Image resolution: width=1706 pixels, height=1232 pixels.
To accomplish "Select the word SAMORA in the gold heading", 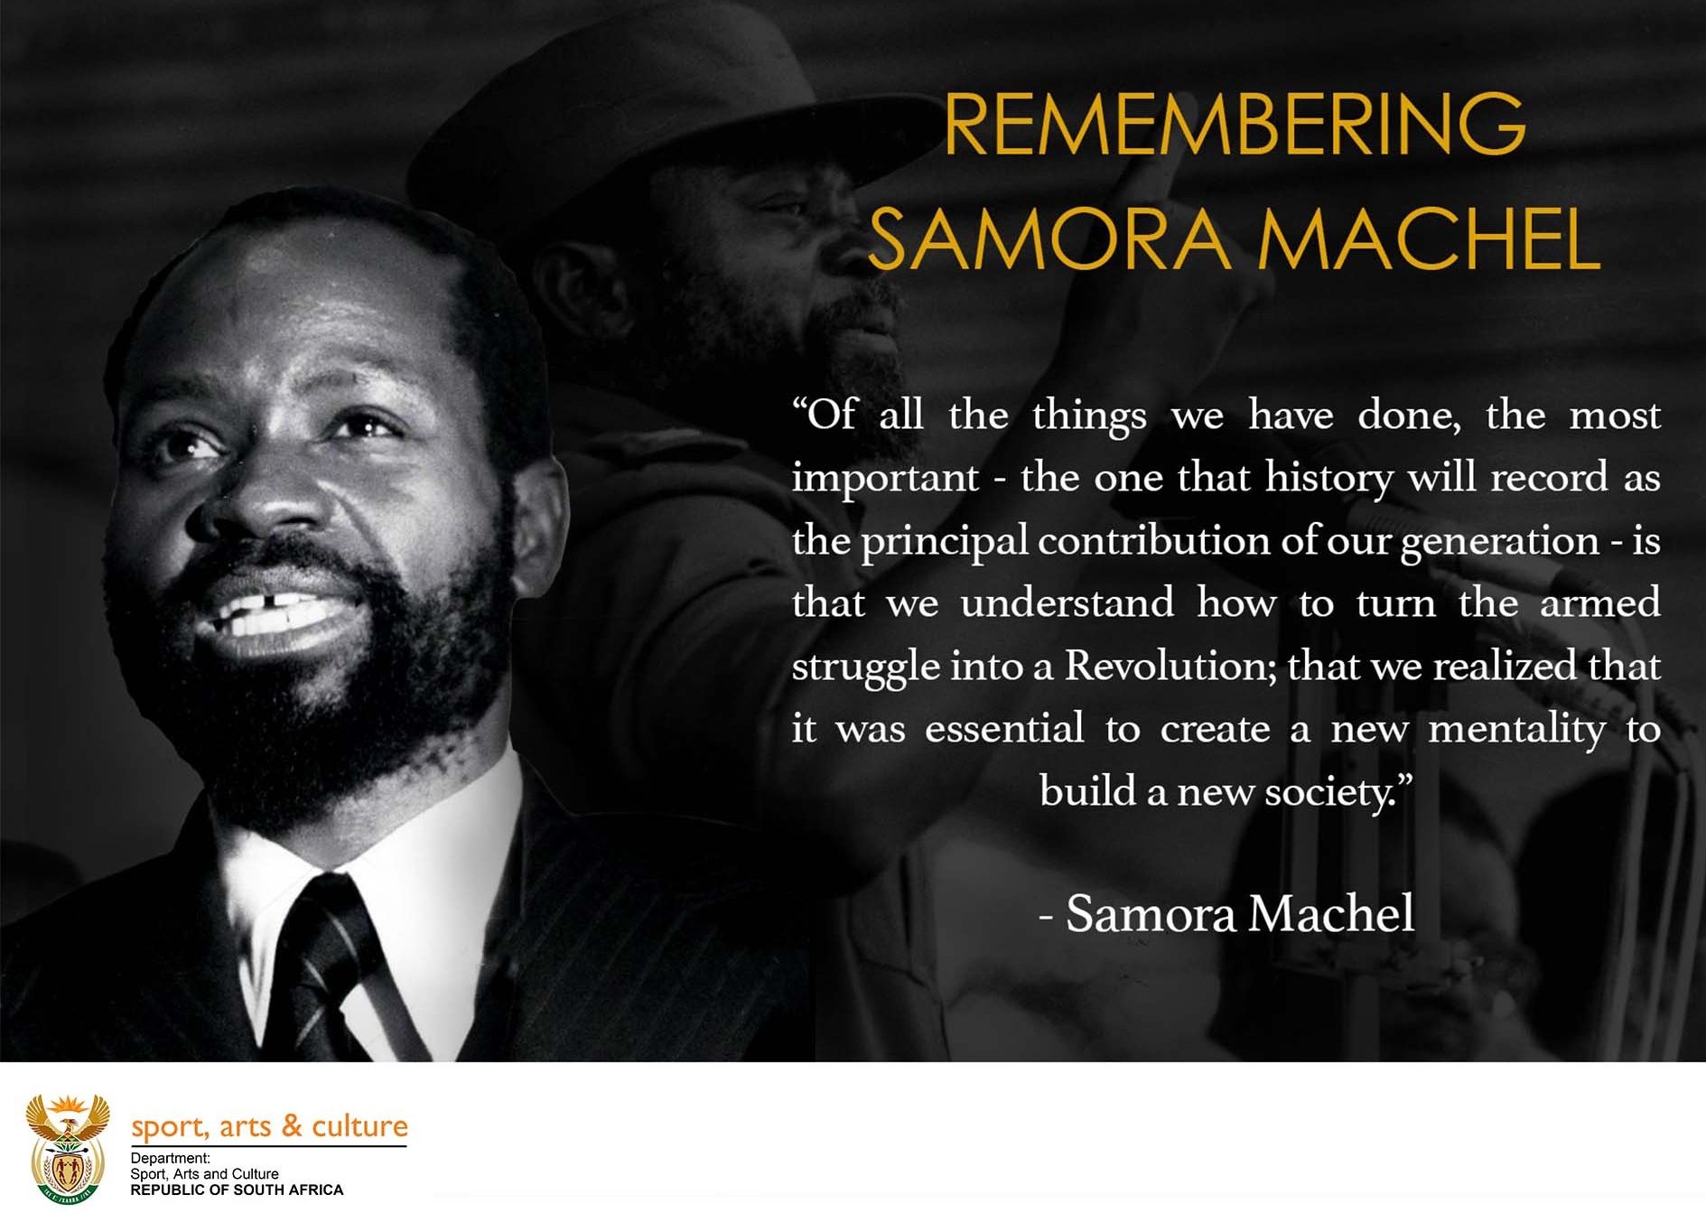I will pyautogui.click(x=1048, y=239).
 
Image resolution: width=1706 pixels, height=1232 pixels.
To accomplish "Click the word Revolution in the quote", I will pyautogui.click(x=1170, y=667).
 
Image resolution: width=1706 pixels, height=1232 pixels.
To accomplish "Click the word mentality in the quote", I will pyautogui.click(x=1516, y=730).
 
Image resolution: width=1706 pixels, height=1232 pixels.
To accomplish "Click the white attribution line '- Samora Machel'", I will pyautogui.click(x=1227, y=913).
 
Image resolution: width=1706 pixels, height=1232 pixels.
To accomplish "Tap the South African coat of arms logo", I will pyautogui.click(x=68, y=1148).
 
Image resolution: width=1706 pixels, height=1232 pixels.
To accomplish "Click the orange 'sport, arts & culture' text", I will pyautogui.click(x=269, y=1126).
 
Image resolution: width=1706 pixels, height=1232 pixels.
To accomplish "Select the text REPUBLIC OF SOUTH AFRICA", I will pyautogui.click(x=237, y=1190).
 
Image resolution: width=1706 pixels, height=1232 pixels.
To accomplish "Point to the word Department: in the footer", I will pyautogui.click(x=170, y=1158).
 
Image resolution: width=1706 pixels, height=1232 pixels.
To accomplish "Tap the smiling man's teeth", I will pyautogui.click(x=271, y=614).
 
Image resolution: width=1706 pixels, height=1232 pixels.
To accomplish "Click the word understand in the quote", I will pyautogui.click(x=1067, y=603).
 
